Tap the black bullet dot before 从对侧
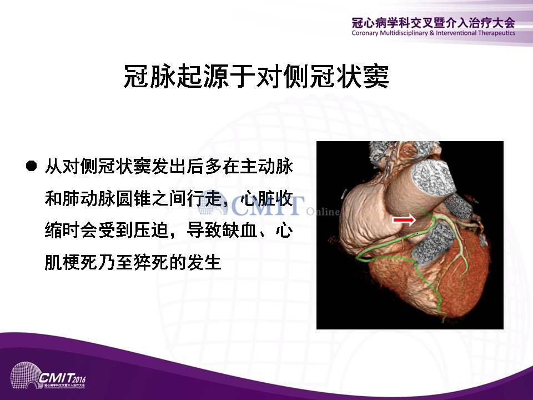click(31, 166)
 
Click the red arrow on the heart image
click(404, 220)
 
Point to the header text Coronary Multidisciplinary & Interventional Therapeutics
click(434, 33)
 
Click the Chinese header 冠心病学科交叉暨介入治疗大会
click(434, 22)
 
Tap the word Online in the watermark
click(323, 212)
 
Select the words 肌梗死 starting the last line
click(72, 262)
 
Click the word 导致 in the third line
click(204, 230)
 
